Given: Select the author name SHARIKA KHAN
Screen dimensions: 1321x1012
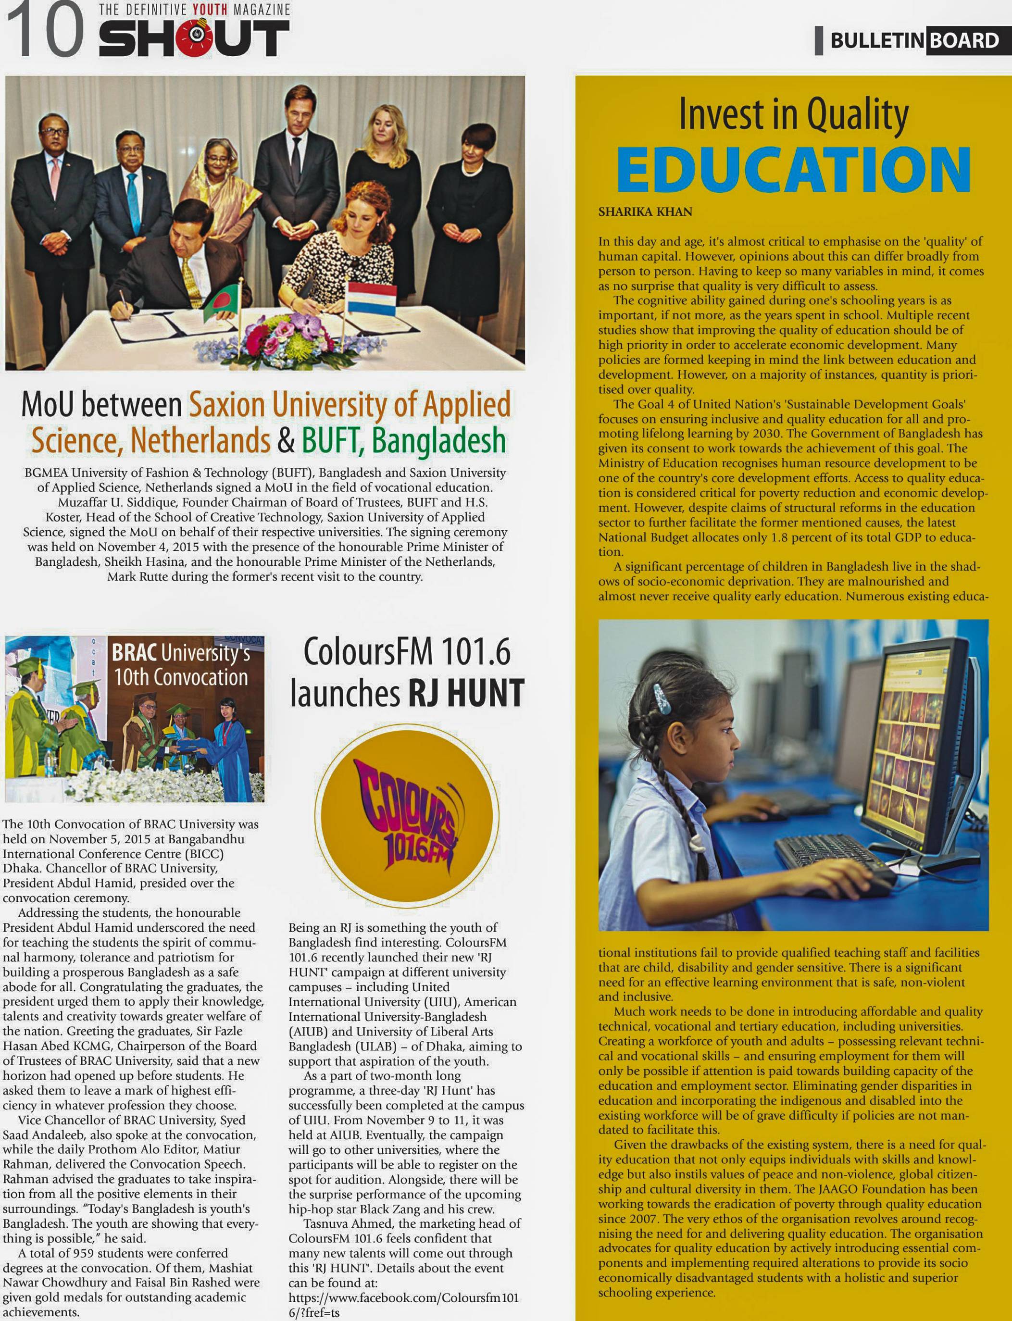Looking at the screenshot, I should click(645, 212).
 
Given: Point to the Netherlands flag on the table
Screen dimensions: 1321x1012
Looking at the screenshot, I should click(371, 298).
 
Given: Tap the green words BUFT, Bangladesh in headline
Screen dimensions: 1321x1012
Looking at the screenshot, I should click(403, 440).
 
